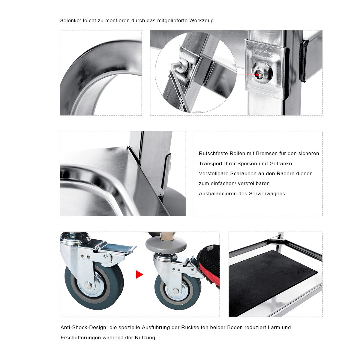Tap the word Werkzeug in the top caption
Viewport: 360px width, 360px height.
click(x=201, y=21)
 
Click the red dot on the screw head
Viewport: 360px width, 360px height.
click(x=258, y=75)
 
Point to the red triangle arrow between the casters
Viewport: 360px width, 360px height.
click(x=139, y=274)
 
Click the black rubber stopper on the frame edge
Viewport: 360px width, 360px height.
click(x=304, y=61)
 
